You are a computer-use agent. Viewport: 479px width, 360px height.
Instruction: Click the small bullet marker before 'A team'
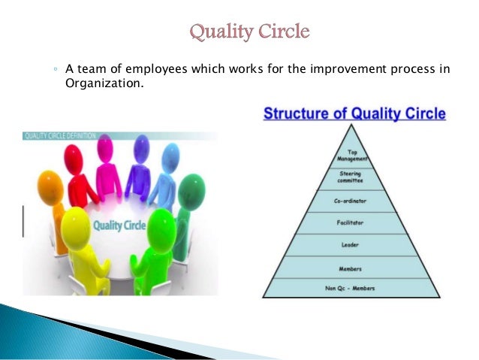pyautogui.click(x=56, y=71)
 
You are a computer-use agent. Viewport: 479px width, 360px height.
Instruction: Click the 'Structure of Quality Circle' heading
pyautogui.click(x=354, y=115)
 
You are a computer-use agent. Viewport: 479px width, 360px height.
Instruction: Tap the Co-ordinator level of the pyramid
pyautogui.click(x=351, y=201)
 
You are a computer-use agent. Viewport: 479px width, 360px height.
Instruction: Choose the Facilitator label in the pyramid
pyautogui.click(x=351, y=222)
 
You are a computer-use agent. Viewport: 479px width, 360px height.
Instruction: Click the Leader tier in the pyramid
pyautogui.click(x=351, y=245)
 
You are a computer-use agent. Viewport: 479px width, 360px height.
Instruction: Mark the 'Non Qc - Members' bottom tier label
pyautogui.click(x=351, y=289)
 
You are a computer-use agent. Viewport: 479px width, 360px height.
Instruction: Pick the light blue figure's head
pyautogui.click(x=171, y=156)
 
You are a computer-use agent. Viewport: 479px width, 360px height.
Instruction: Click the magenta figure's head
pyautogui.click(x=106, y=145)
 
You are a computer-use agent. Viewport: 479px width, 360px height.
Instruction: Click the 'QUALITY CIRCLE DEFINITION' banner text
pyautogui.click(x=60, y=136)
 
